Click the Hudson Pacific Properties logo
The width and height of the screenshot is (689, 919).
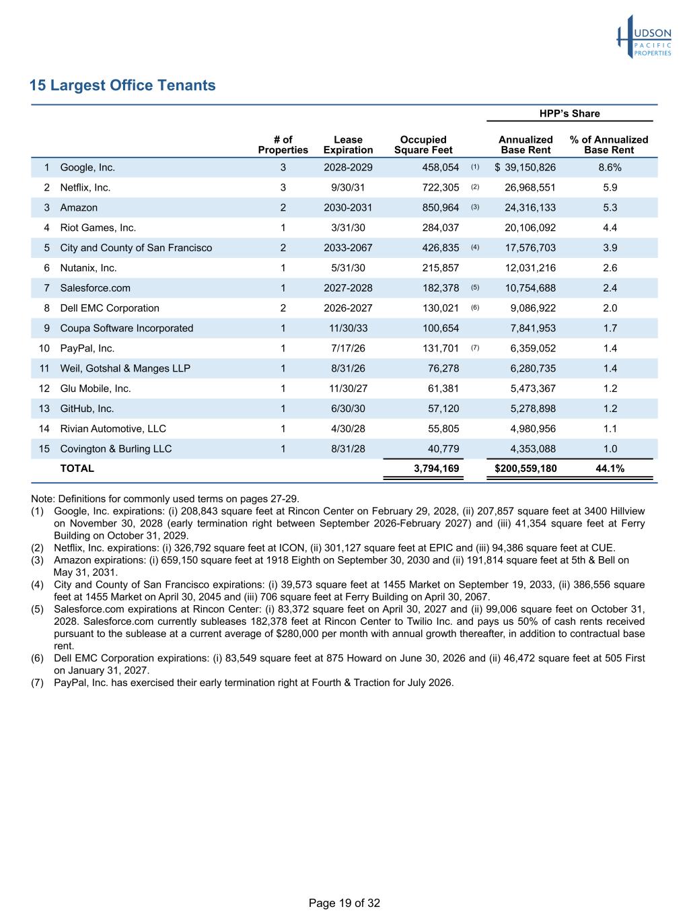click(x=644, y=38)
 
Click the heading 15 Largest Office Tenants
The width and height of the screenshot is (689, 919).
click(x=122, y=86)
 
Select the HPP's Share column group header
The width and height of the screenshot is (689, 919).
click(x=569, y=114)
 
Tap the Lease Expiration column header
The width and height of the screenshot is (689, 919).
click(x=348, y=145)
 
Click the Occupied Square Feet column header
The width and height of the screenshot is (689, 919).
click(x=423, y=145)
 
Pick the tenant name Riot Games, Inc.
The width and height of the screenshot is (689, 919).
click(x=98, y=228)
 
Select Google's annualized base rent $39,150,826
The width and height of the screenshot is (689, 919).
click(x=525, y=168)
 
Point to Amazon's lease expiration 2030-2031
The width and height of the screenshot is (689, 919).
click(x=348, y=207)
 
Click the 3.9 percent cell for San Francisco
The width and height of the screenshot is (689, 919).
click(x=610, y=248)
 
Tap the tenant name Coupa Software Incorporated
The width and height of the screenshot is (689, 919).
click(x=126, y=329)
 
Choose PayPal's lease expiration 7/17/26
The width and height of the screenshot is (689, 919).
click(x=348, y=349)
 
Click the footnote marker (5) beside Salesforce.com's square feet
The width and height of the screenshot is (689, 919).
click(x=475, y=287)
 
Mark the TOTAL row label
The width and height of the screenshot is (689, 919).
click(x=77, y=469)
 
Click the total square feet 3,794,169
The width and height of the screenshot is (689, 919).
click(x=437, y=469)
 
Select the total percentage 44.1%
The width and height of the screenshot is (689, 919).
click(x=610, y=469)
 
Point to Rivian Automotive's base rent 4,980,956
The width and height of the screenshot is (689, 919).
click(x=530, y=429)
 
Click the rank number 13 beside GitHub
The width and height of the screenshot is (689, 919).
click(x=44, y=409)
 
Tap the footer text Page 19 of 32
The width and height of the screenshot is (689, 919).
click(x=344, y=903)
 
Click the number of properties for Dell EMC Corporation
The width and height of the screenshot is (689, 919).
click(x=283, y=308)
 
